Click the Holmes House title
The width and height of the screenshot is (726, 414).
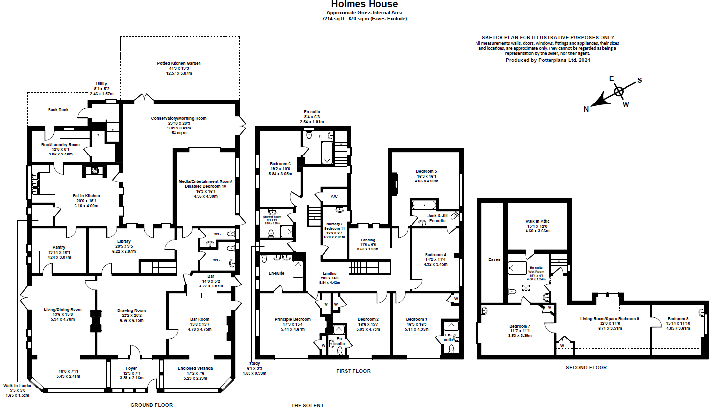[364, 4]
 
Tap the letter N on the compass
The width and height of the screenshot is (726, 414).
[586, 109]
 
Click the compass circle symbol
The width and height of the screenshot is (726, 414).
[619, 91]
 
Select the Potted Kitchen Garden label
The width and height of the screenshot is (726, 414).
[179, 63]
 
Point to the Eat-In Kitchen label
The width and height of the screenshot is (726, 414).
[86, 196]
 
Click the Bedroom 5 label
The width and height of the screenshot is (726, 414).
[426, 171]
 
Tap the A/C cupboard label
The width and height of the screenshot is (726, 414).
[334, 196]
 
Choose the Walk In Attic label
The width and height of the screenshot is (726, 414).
[537, 221]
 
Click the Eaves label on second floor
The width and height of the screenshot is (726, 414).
[494, 259]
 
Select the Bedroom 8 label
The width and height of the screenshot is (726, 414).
[678, 319]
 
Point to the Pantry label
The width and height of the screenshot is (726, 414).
[59, 247]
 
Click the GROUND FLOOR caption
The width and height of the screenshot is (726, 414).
[151, 405]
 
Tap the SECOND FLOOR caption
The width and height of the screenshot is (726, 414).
[586, 367]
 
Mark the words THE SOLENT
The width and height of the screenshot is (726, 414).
[307, 406]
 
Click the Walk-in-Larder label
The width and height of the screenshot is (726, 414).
[18, 386]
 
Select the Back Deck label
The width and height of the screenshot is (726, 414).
[58, 110]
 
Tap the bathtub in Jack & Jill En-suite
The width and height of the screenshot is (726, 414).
[425, 205]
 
